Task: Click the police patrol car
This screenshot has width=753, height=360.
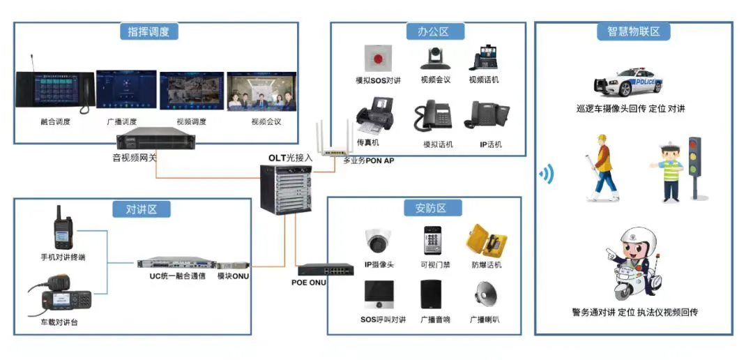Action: click(628, 82)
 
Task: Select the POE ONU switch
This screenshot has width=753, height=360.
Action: click(321, 269)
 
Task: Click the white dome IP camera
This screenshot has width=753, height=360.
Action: click(379, 241)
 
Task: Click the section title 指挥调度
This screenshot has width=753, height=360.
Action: click(149, 31)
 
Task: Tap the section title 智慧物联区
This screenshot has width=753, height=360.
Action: click(633, 31)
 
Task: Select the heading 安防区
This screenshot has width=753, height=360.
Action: click(429, 208)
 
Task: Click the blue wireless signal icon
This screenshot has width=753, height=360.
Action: click(547, 174)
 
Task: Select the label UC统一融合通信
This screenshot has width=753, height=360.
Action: click(172, 276)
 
